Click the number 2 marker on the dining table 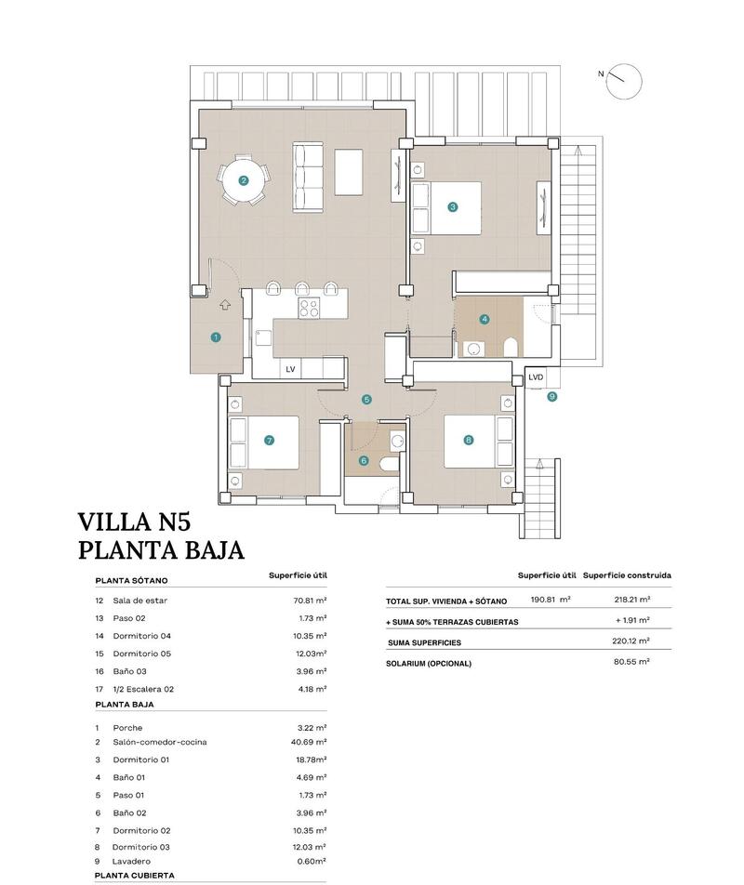click(x=244, y=181)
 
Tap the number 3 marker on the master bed click(x=452, y=207)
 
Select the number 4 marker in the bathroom click(x=485, y=319)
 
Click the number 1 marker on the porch click(x=216, y=337)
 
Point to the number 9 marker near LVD click(x=551, y=396)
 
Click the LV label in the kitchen click(x=290, y=369)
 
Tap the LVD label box click(x=536, y=377)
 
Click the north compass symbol click(x=624, y=81)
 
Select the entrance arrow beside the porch click(x=225, y=303)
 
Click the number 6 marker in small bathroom click(x=364, y=460)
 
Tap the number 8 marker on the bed click(x=468, y=440)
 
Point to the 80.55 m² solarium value click(x=631, y=662)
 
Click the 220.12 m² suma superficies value click(x=631, y=641)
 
